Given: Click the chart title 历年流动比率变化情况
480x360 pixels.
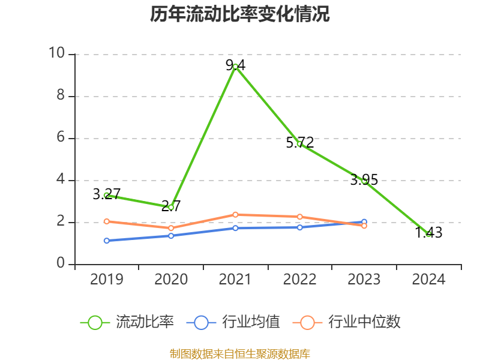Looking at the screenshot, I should (240, 14).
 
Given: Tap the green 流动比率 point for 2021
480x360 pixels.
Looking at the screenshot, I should (235, 67).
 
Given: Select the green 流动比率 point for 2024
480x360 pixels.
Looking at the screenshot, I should (428, 234).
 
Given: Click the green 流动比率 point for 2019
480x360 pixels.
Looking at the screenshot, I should (106, 195).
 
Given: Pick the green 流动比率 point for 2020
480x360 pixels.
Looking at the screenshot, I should (171, 207).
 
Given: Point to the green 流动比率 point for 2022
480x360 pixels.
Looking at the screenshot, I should (299, 144).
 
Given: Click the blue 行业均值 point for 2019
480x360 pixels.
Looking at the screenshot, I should (106, 241).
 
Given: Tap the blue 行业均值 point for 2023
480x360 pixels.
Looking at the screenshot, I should (364, 222).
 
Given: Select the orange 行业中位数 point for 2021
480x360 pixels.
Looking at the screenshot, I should (235, 215).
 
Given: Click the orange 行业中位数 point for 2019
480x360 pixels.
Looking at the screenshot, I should (106, 221).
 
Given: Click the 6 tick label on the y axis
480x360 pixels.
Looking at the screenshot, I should (61, 138).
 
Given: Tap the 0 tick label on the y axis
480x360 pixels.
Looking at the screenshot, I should (61, 264).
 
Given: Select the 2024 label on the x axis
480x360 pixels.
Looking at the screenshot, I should (428, 280).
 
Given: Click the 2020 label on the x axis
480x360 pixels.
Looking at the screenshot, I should (171, 280).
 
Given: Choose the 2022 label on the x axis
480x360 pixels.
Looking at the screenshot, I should (299, 280).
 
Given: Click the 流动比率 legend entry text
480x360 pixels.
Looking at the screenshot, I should (145, 322).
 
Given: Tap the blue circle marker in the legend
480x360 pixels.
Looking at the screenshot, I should (201, 323).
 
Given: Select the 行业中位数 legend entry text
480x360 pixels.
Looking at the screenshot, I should (364, 322).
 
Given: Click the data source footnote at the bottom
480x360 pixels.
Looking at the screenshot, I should (240, 353).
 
